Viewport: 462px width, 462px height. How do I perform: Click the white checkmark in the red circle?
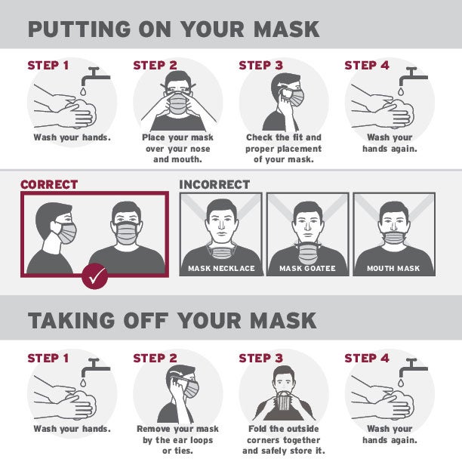95,277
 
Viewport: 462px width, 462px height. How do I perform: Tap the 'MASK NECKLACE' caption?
221,269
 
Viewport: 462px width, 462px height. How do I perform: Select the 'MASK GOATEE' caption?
307,269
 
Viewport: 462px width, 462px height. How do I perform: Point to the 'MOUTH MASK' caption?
393,269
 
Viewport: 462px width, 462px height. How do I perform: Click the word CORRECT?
49,185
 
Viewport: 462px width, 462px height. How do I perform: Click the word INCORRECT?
214,185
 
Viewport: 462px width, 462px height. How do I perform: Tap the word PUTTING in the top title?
79,29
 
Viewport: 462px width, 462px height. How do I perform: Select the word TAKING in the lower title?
71,320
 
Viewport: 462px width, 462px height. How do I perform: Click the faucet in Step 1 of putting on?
96,76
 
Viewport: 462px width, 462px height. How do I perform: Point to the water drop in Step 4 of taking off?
401,383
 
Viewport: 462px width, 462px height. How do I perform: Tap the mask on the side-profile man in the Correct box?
66,233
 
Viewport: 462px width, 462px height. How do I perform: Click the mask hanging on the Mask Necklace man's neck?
222,252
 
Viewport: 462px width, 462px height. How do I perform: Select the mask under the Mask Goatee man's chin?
308,252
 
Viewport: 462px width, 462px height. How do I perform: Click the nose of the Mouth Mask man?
393,226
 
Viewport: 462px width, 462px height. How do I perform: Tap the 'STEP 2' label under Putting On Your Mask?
155,66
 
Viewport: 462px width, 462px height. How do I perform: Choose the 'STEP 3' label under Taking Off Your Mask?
260,359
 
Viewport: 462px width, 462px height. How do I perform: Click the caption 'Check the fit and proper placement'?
283,143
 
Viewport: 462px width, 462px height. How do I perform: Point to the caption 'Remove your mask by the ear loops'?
177,434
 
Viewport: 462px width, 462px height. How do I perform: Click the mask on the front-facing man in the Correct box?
127,233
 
